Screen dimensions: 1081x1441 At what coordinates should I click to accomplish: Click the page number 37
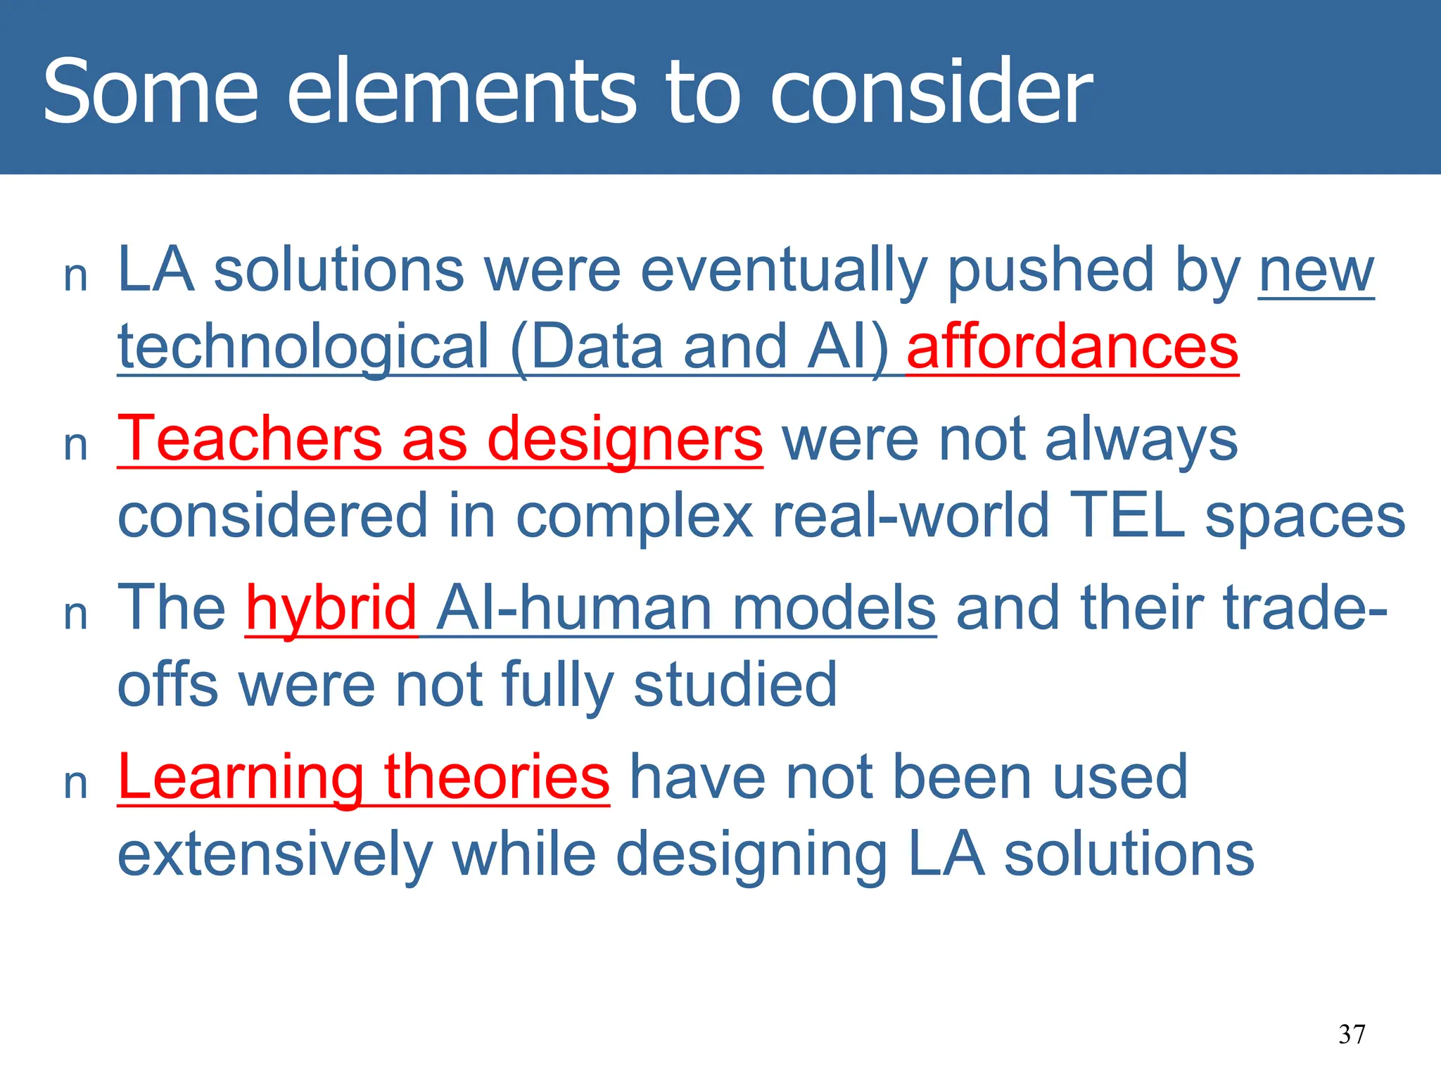(1352, 1034)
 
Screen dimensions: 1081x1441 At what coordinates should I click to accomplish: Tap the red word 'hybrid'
(331, 609)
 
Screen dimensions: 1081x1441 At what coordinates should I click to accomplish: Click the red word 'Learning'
(240, 778)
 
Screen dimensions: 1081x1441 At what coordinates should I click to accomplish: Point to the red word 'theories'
(497, 777)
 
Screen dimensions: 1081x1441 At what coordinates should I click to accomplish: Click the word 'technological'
(303, 347)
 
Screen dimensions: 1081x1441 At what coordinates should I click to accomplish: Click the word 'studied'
(735, 684)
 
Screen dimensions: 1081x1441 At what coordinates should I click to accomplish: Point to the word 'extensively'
(275, 854)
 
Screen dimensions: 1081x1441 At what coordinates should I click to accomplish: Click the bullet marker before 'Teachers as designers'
(75, 446)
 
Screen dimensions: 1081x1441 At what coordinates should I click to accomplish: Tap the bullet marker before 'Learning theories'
(75, 784)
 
